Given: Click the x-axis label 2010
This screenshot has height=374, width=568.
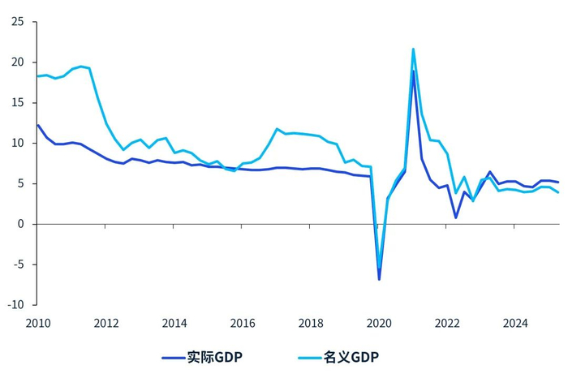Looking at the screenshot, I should click(38, 324).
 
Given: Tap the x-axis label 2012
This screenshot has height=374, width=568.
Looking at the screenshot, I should click(106, 324).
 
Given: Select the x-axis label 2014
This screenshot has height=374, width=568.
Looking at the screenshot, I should click(174, 324).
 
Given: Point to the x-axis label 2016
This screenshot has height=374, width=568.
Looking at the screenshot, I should click(243, 324).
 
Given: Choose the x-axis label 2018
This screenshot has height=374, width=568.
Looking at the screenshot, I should click(311, 324).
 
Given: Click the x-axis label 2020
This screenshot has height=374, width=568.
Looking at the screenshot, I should click(379, 324).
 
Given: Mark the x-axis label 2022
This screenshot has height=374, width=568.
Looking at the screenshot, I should click(447, 324).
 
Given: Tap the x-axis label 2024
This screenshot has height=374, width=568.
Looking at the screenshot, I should click(515, 324).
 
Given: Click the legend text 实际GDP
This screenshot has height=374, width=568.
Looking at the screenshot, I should click(214, 357).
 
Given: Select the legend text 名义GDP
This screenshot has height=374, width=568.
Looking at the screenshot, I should click(351, 357).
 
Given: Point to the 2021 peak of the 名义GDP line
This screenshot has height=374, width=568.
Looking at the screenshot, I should click(413, 49).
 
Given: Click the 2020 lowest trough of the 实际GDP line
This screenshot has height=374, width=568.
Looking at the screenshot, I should click(379, 279).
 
